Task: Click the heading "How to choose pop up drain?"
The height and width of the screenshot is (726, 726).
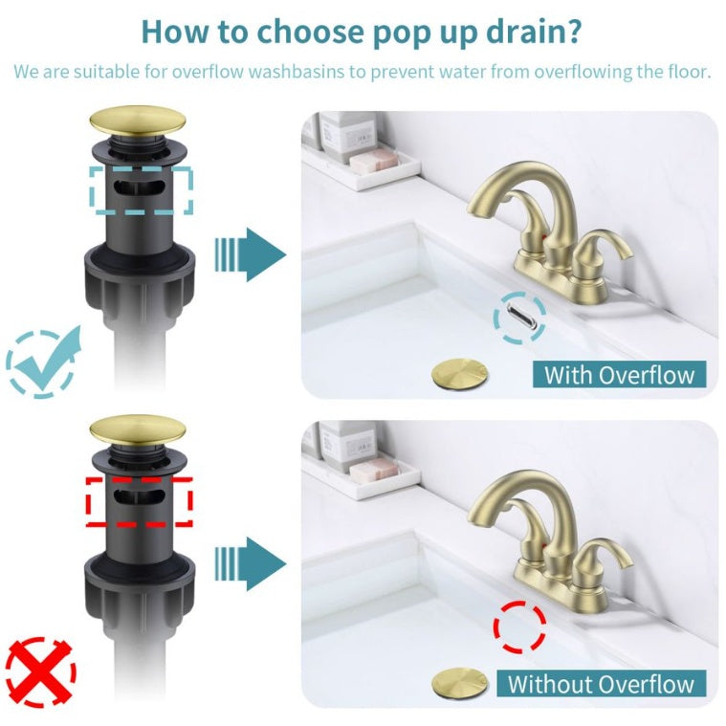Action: point(362,31)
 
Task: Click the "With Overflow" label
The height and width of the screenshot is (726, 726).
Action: point(619,374)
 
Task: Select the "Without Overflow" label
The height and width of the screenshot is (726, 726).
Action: point(601,683)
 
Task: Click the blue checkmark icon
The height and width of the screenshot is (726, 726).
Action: point(43,360)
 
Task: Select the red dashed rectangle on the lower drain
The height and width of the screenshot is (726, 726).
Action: point(140,499)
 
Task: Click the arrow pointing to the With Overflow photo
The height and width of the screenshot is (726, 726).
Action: point(250,254)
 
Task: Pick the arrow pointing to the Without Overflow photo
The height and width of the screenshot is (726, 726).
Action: point(250,563)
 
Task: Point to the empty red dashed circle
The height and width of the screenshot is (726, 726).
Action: point(519,627)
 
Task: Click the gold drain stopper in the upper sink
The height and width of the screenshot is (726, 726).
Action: point(459,372)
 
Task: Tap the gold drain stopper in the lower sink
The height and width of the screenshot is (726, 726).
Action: point(459,681)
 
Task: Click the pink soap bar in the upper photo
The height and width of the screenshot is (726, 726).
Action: point(371,161)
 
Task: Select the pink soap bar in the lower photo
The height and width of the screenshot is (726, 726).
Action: point(371,470)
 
